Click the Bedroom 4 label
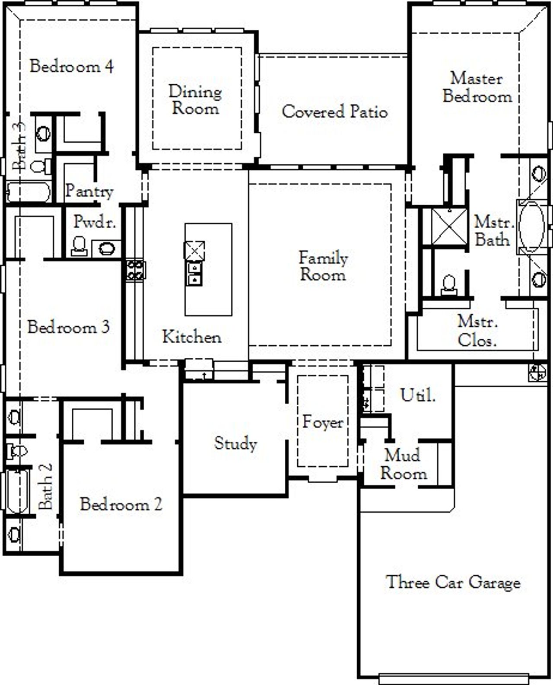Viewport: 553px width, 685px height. coord(72,67)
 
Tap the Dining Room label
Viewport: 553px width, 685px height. coord(195,100)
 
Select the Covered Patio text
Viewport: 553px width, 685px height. coord(334,112)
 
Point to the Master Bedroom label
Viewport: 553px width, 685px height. coord(477,87)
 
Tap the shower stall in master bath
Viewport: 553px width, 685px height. coord(450,226)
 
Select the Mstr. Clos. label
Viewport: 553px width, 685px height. coord(477,331)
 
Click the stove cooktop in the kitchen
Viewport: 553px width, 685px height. coord(135,269)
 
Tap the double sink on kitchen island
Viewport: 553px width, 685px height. coord(194,274)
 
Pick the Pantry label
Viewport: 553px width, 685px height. coord(89,191)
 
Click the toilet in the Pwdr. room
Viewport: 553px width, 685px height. coord(79,246)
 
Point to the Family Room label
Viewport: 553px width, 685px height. coord(323,266)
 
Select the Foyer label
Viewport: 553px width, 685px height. coord(323,422)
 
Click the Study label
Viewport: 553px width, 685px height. coord(235,443)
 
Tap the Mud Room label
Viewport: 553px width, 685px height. coord(403,465)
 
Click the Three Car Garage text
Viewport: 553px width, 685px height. coord(453,582)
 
